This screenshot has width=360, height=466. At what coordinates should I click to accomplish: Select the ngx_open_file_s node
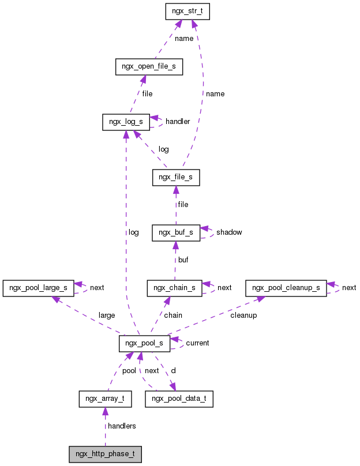click(149, 67)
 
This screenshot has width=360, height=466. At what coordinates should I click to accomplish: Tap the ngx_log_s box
click(126, 122)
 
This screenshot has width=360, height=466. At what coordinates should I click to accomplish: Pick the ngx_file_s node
click(176, 178)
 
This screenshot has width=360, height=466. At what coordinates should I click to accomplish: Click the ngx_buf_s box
click(176, 232)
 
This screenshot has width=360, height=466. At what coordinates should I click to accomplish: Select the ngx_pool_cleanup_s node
click(286, 287)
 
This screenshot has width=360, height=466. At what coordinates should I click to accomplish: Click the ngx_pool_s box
click(144, 343)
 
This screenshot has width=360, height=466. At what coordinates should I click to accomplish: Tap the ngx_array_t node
click(105, 399)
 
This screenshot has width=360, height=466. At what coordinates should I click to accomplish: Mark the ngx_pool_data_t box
click(179, 399)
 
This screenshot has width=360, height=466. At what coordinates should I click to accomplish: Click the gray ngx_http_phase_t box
click(105, 454)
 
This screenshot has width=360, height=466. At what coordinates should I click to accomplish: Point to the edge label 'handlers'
click(121, 426)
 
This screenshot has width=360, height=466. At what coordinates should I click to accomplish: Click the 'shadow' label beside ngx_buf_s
click(229, 232)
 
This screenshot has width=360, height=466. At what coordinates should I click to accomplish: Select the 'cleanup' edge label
click(243, 315)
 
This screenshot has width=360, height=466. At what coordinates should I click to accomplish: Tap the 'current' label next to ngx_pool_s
click(197, 343)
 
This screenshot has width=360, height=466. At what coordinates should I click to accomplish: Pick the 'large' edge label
click(107, 315)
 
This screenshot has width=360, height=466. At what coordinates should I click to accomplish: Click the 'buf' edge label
click(183, 260)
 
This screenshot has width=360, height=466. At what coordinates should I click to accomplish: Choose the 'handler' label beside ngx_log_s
click(178, 122)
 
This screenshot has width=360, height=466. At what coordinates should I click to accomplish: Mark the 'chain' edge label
click(173, 315)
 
